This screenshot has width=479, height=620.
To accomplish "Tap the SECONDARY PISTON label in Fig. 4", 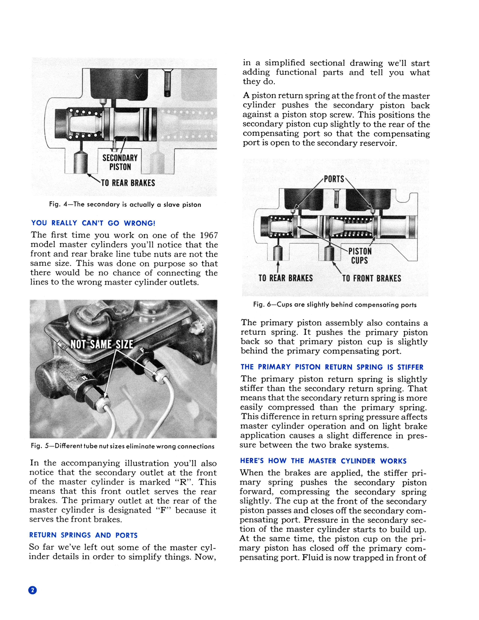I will point(120,162).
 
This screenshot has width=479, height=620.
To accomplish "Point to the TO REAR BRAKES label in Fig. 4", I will point(128,183).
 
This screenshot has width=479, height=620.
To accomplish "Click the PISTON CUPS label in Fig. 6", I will point(360,256).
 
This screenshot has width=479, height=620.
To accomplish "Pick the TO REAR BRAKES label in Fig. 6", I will point(286,278).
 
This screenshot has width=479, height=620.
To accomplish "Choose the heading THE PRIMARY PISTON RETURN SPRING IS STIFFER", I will point(332,367).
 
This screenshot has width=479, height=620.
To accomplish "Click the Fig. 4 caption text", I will point(125,205).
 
